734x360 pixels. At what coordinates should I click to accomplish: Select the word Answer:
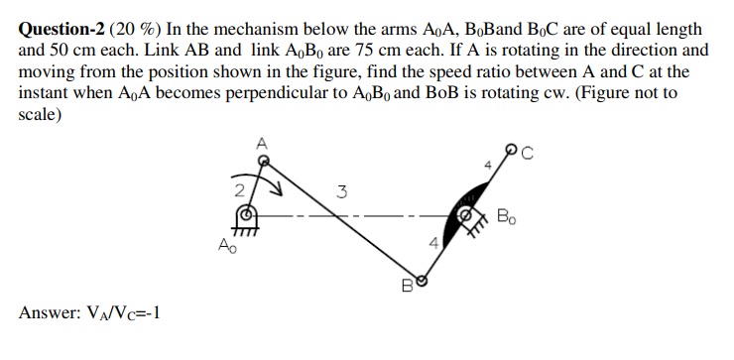49,314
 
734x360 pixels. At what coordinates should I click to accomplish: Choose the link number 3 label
340,191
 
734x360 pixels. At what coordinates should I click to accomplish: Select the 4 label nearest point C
487,164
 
